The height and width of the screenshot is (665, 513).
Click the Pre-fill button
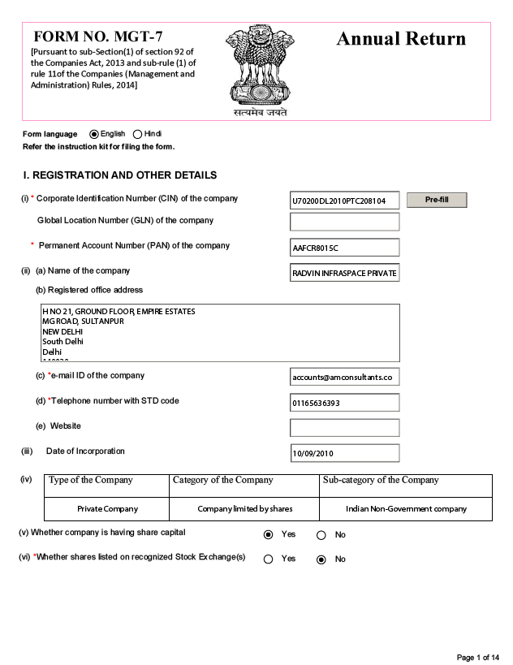point(437,200)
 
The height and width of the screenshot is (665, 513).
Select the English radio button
point(94,134)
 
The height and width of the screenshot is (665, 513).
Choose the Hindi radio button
point(137,134)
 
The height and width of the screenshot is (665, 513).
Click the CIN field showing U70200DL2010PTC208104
point(344,201)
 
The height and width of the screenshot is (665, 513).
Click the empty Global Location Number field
point(344,222)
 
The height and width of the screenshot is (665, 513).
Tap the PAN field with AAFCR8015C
point(344,248)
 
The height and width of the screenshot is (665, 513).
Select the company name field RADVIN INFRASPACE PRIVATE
point(344,274)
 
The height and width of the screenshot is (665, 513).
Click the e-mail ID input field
point(344,377)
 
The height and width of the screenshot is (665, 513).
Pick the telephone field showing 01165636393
point(344,403)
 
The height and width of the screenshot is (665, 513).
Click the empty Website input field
point(344,427)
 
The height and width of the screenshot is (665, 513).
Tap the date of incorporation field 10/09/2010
point(344,453)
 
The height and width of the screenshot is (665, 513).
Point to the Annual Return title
point(401,39)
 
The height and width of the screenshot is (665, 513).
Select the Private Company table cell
point(107,509)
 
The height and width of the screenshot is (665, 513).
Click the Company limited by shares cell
point(244,509)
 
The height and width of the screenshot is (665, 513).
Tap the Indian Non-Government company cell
point(406,509)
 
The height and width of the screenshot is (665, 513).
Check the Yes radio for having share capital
point(269,535)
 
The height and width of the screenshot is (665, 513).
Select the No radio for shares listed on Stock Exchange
point(321,559)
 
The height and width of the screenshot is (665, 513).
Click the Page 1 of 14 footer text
point(478,657)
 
